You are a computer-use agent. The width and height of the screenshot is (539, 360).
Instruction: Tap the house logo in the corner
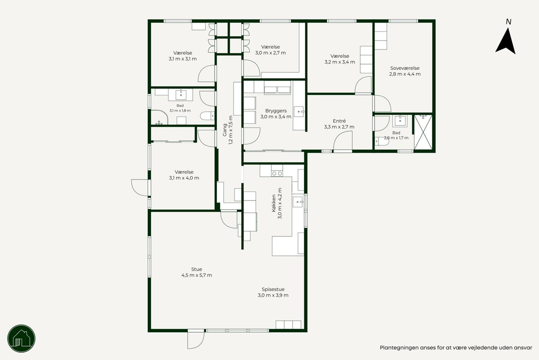click(x=22, y=338)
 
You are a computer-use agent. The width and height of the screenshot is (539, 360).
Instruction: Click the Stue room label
click(x=197, y=269)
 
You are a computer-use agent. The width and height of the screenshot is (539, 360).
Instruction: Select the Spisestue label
click(x=273, y=289)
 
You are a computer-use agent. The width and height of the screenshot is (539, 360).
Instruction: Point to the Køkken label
click(x=274, y=203)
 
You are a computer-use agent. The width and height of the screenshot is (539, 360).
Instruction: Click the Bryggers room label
click(x=276, y=111)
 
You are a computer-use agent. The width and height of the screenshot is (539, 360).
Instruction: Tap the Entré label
click(x=339, y=121)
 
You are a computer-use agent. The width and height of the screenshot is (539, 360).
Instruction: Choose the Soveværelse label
click(x=405, y=68)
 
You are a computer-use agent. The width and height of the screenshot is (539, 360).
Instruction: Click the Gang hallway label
click(x=225, y=130)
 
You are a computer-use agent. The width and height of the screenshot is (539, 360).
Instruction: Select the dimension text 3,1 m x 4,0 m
click(x=184, y=178)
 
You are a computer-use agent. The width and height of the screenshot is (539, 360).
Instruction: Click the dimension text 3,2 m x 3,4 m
click(x=340, y=62)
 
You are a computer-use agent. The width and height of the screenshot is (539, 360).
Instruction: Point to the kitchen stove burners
click(x=277, y=173)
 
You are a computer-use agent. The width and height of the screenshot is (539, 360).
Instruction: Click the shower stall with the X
click(x=423, y=132)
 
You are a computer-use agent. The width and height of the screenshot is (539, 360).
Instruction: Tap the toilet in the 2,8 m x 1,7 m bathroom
click(x=382, y=142)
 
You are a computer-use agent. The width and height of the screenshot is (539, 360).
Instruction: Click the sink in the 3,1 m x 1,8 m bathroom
click(x=181, y=95)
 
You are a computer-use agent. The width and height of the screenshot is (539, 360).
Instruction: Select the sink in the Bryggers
click(x=299, y=112)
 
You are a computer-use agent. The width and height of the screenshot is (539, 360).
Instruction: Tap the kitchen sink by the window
click(x=298, y=202)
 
